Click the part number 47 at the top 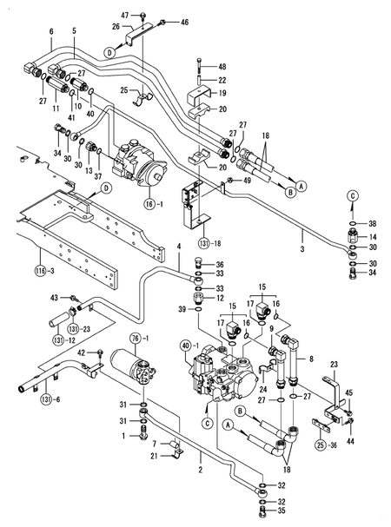coord(124,16)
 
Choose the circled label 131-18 coord(206,242)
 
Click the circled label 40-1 coord(186,347)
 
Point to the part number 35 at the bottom coord(281,513)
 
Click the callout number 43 coord(54,298)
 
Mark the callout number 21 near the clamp coord(154,457)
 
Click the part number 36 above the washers coord(220,265)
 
